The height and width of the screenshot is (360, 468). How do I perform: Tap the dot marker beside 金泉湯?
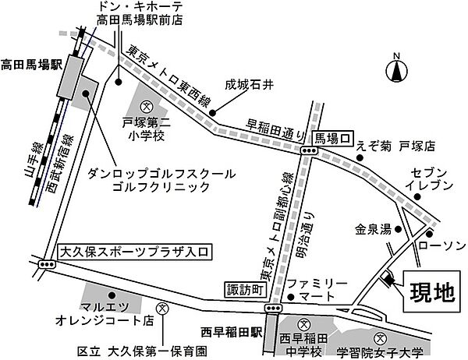pyautogui.click(x=398, y=229)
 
